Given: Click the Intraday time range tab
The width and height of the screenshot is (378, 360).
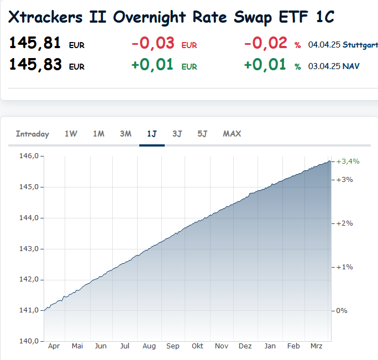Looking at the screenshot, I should [x=33, y=134].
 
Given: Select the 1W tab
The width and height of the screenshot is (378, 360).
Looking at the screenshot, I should [x=71, y=134].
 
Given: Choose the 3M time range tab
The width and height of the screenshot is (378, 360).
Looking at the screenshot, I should [x=125, y=134].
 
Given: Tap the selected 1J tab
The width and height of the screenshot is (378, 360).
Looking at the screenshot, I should [x=152, y=134].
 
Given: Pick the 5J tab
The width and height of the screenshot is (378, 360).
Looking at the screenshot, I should [x=202, y=134].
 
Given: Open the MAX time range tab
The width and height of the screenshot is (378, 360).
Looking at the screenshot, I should [x=232, y=134].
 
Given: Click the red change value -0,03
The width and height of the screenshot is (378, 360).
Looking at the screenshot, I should [x=153, y=43].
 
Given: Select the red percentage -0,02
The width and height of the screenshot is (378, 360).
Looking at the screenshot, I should [x=266, y=43].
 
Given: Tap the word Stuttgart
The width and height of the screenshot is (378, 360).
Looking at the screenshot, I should [x=360, y=44].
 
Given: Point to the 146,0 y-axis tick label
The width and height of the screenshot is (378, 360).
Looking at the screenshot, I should [x=29, y=156].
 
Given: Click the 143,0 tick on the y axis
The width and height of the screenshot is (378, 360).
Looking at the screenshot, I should [x=29, y=248].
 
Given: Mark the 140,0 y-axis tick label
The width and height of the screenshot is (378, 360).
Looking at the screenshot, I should [x=29, y=341].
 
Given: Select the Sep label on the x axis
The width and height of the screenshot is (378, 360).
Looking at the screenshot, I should [x=173, y=346].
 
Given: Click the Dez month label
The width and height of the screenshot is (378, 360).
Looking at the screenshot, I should [x=245, y=346].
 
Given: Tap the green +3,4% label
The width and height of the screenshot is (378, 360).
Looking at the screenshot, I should [x=348, y=161].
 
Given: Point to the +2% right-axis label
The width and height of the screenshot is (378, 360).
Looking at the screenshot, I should [x=345, y=223].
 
